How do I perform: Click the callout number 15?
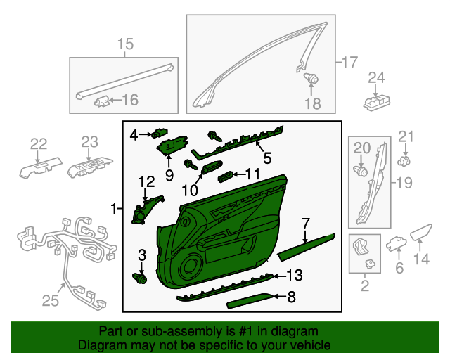click(x=124, y=46)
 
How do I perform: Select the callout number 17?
click(x=349, y=62)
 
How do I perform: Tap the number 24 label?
click(x=377, y=77)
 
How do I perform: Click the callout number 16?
click(x=130, y=100)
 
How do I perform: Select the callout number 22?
click(x=38, y=144)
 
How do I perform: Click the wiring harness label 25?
click(x=49, y=301)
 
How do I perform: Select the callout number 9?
click(x=169, y=174)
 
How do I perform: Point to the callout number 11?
click(x=252, y=173)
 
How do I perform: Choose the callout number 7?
click(x=305, y=224)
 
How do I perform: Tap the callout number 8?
click(x=291, y=297)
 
